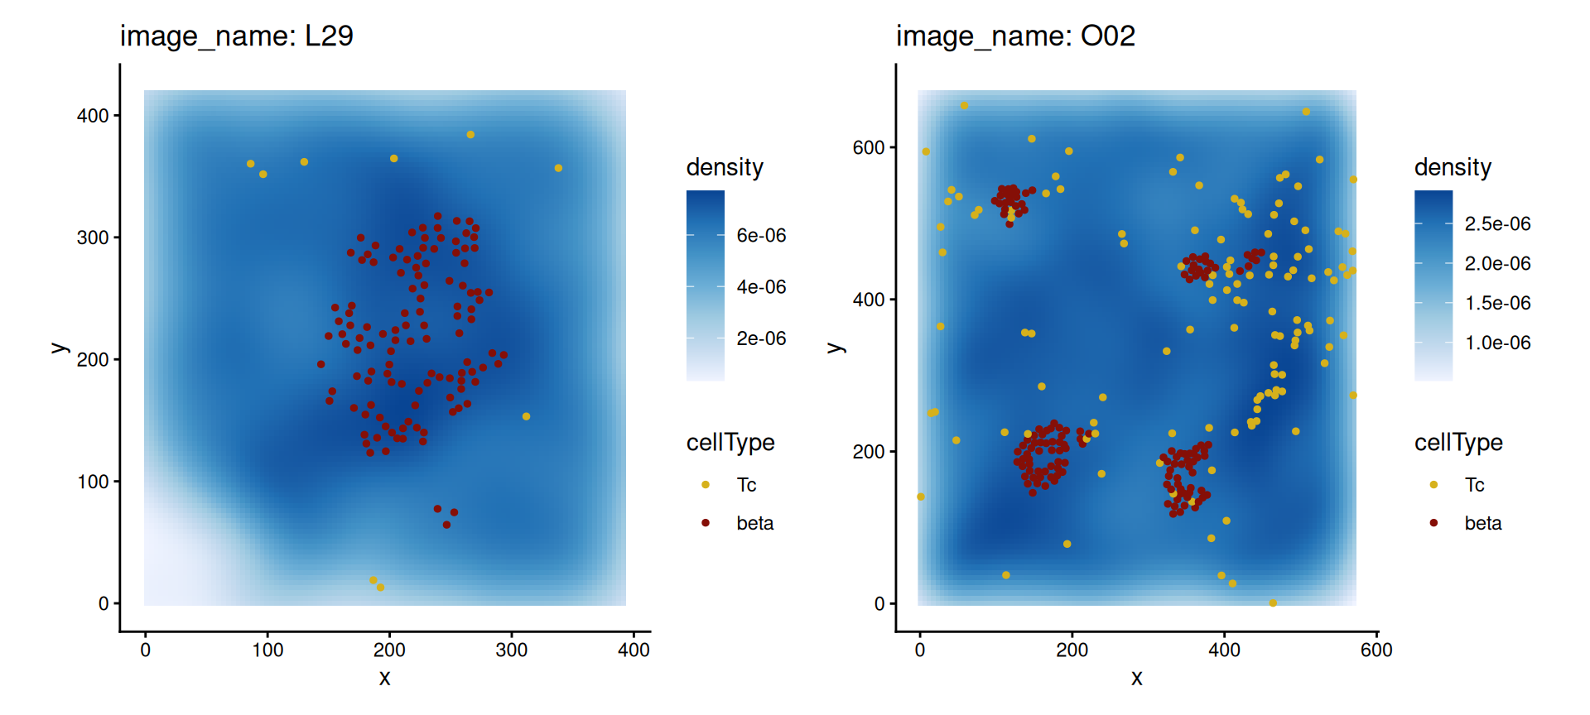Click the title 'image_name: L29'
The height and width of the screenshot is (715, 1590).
tap(236, 36)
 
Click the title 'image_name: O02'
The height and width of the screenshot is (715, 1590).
tap(1014, 36)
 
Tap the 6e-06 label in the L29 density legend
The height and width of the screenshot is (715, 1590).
tap(761, 236)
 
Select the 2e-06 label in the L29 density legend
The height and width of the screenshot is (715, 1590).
tap(761, 338)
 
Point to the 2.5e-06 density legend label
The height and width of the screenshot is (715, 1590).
tap(1497, 224)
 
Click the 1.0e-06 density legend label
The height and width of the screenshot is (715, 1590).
tap(1497, 343)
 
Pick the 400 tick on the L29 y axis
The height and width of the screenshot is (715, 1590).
tap(93, 116)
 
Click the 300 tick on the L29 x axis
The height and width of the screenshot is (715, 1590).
tap(511, 650)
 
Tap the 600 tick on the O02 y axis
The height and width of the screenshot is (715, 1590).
tap(869, 148)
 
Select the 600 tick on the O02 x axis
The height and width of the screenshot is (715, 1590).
tap(1376, 650)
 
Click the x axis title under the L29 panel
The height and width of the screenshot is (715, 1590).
tap(384, 679)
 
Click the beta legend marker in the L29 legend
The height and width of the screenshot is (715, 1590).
tap(706, 523)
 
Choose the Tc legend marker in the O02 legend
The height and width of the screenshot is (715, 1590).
tap(1433, 485)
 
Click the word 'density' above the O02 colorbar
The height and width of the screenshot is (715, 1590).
tap(1453, 167)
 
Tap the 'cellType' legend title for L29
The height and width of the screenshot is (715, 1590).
tap(730, 443)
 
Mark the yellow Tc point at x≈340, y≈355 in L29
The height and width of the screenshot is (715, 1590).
tap(558, 168)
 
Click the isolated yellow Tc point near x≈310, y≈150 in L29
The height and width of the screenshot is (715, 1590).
tap(526, 416)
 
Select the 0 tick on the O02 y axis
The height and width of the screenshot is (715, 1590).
tap(879, 604)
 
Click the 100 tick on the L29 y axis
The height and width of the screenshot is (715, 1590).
tap(93, 482)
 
